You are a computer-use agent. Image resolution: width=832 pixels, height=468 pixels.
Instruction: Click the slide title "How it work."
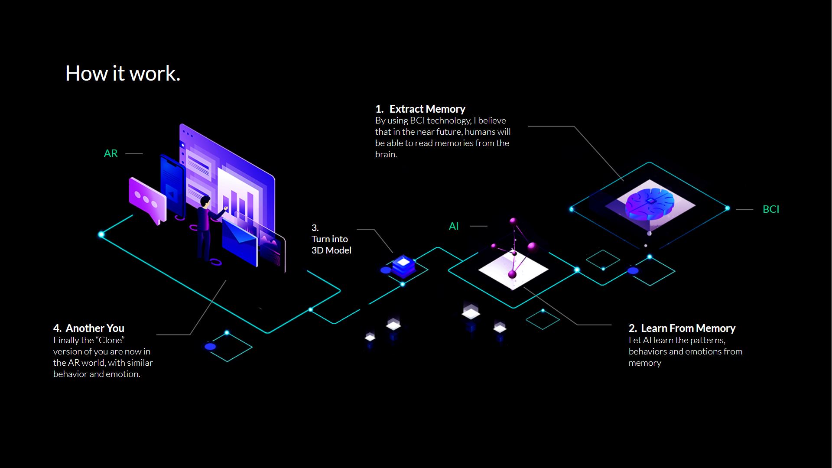tap(123, 74)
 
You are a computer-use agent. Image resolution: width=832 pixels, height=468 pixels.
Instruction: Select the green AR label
tap(110, 153)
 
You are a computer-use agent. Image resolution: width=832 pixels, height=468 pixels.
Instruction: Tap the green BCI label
tap(770, 209)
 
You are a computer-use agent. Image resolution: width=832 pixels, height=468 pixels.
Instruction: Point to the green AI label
tap(453, 226)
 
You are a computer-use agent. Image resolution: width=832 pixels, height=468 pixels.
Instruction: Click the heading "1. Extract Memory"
tap(420, 109)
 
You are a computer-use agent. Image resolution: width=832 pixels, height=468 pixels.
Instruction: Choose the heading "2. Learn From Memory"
tap(682, 328)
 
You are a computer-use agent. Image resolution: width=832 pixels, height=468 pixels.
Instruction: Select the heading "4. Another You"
tap(89, 328)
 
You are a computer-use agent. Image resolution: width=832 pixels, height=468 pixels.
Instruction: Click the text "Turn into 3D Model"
tap(331, 245)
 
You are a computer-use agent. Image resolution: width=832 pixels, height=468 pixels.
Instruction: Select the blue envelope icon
tap(239, 241)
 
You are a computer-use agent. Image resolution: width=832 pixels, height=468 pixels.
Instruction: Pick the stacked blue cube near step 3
tap(403, 265)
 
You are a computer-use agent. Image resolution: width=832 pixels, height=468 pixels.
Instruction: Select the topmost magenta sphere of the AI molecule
tap(513, 221)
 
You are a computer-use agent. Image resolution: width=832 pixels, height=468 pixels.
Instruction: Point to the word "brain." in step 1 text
tap(386, 155)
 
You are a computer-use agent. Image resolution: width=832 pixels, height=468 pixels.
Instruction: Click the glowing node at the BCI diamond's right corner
tap(728, 208)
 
